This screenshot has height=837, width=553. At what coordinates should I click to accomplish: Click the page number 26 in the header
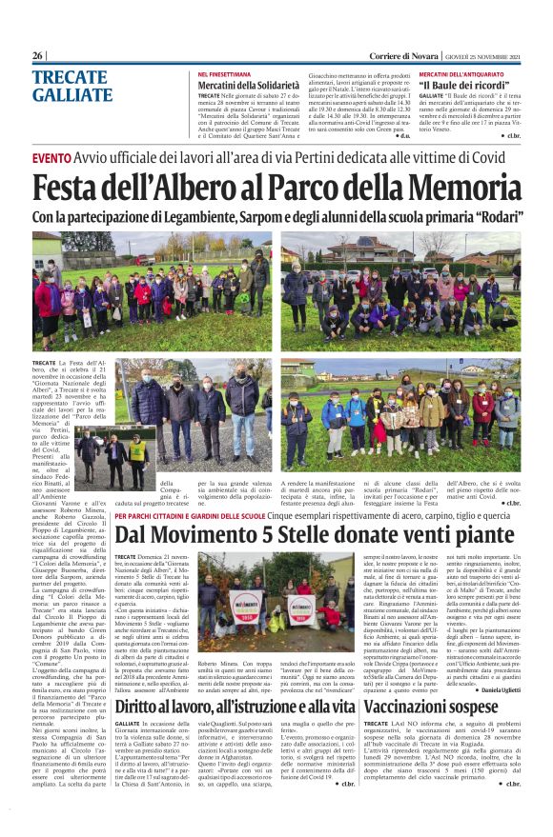(x=38, y=56)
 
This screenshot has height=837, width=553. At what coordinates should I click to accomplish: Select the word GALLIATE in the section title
(x=72, y=94)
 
